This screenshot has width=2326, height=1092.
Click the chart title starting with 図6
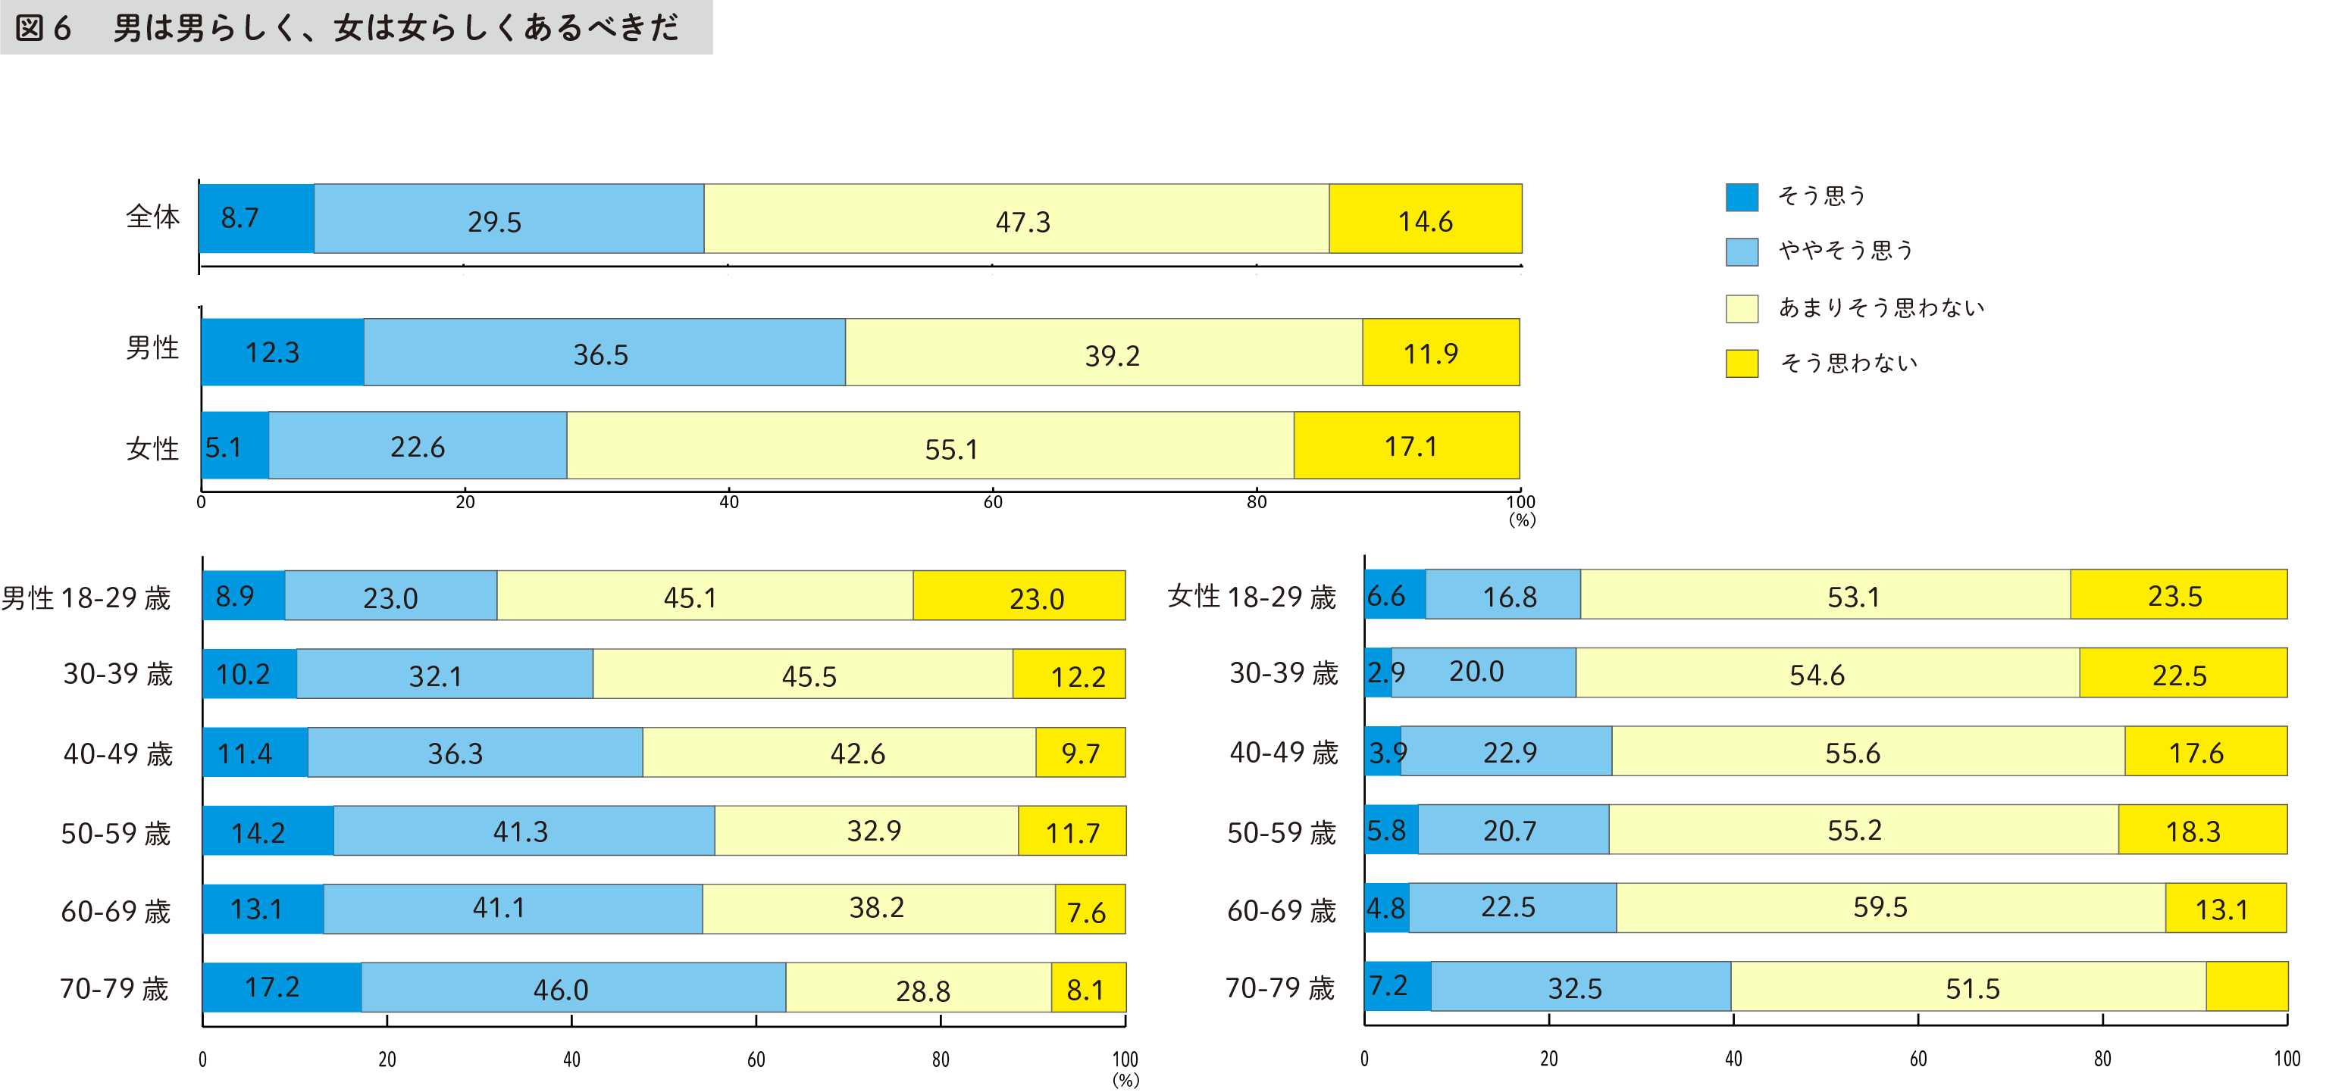348,28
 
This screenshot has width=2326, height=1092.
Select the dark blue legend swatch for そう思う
1741,197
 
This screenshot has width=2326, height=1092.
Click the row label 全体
152,217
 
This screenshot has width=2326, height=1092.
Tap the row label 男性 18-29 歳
86,597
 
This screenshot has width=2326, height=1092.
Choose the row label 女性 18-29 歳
1251,597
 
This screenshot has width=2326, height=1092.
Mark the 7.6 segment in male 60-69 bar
1089,909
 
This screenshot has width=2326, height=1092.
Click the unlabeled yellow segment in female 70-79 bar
2246,987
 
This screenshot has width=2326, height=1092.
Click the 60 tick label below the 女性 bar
992,503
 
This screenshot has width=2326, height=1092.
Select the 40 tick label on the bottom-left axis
571,1059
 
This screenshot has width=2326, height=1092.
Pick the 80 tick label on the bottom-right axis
2102,1059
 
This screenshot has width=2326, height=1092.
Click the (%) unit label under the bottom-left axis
1125,1079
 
